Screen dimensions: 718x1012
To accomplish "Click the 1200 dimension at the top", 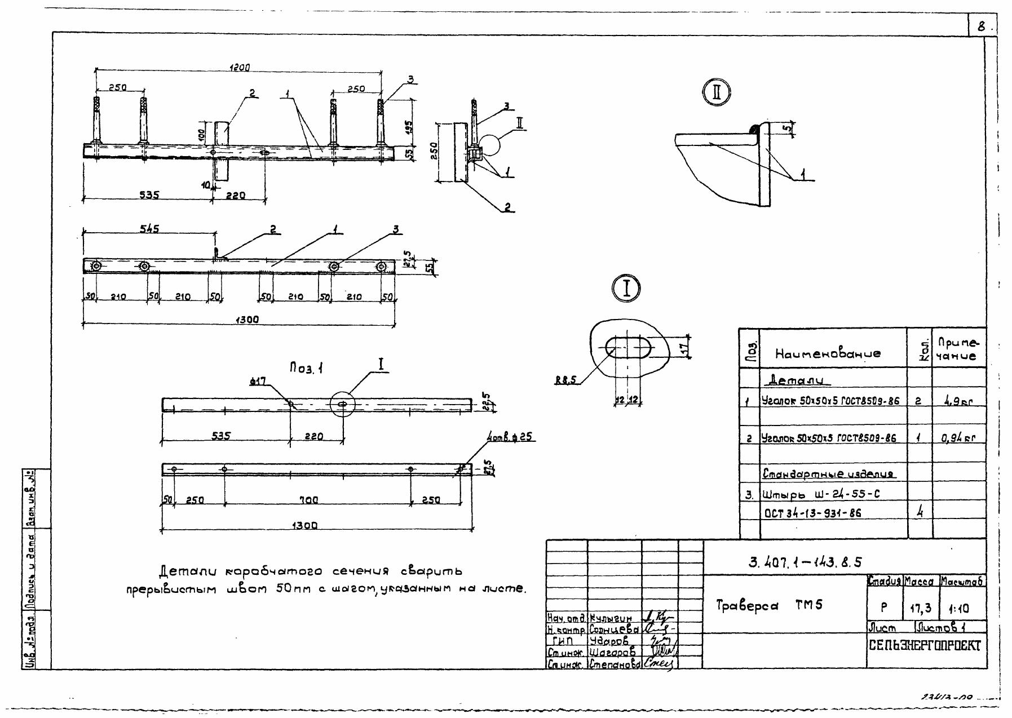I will pyautogui.click(x=240, y=68).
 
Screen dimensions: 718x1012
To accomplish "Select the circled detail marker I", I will pyautogui.click(x=625, y=288).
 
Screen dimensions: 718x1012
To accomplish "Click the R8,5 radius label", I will pyautogui.click(x=565, y=380).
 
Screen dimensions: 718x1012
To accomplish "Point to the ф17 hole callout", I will pyautogui.click(x=258, y=382).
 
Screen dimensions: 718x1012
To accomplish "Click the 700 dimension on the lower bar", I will pyautogui.click(x=309, y=500).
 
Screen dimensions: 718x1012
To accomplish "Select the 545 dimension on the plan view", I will pyautogui.click(x=149, y=228).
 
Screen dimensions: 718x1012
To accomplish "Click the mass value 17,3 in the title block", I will pyautogui.click(x=921, y=609).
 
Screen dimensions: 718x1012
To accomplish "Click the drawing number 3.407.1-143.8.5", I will pyautogui.click(x=805, y=562).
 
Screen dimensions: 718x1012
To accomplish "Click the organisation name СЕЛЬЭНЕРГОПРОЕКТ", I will pyautogui.click(x=925, y=646).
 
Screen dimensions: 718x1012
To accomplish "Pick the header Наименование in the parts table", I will pyautogui.click(x=828, y=354).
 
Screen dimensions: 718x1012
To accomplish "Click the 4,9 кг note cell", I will pyautogui.click(x=958, y=402).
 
